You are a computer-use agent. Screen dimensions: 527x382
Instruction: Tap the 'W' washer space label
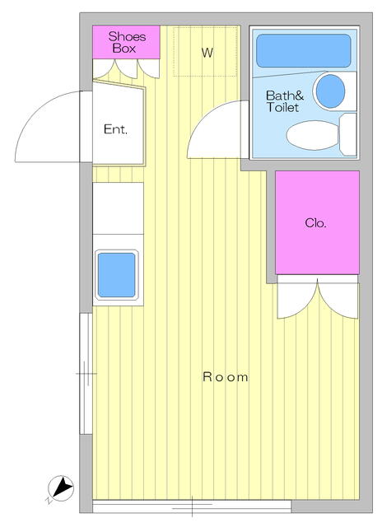207,53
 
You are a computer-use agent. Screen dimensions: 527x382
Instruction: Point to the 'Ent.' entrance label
115,129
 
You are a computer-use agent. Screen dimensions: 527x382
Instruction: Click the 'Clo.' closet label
316,222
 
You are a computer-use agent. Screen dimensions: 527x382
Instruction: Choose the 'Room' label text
226,377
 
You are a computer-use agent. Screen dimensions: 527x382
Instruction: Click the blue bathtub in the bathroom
304,50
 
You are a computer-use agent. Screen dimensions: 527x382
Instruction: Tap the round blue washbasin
331,91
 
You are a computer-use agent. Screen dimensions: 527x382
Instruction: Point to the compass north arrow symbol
61,487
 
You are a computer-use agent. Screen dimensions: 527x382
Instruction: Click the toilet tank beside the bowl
348,134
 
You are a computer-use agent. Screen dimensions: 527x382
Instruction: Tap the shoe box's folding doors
126,69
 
